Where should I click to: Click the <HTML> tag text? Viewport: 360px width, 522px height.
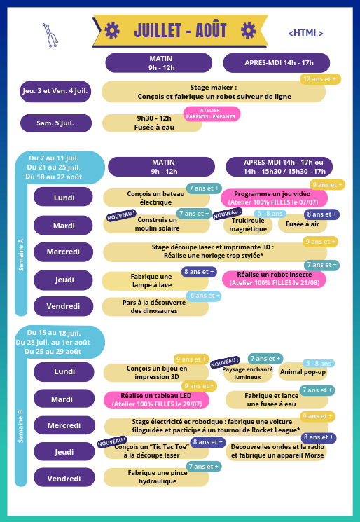coord(305,34)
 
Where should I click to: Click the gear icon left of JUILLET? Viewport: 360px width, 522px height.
coord(112,31)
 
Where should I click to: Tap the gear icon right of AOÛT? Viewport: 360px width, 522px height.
coord(248,31)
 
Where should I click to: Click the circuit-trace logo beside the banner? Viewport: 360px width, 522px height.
coord(50,35)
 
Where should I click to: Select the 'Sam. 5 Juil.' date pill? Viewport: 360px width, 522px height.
coord(56,123)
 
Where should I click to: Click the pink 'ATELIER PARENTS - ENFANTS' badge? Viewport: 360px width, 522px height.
coord(212,114)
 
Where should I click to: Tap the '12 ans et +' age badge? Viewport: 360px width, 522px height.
coord(320,79)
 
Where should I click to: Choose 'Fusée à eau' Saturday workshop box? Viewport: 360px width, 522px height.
coord(152,123)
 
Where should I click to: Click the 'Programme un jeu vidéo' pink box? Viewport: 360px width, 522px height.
coord(274,198)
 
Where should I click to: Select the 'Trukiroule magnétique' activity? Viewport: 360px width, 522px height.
coord(248,225)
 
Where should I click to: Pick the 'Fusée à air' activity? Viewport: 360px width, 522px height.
coord(303,224)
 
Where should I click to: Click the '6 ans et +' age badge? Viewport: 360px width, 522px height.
coord(204,296)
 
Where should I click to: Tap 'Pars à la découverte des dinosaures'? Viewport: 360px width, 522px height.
coord(155,307)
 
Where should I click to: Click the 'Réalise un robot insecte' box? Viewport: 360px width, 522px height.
coord(274,279)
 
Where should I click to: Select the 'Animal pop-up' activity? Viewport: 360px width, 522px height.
coord(303,372)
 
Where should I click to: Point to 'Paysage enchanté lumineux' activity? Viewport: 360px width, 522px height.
coord(247,373)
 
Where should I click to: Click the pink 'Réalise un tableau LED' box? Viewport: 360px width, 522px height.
coord(156,400)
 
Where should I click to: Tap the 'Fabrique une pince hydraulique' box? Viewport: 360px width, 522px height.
coord(156,477)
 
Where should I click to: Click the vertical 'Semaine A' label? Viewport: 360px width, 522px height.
coord(21,254)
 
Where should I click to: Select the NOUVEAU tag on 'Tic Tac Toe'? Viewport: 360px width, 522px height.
coord(112,442)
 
